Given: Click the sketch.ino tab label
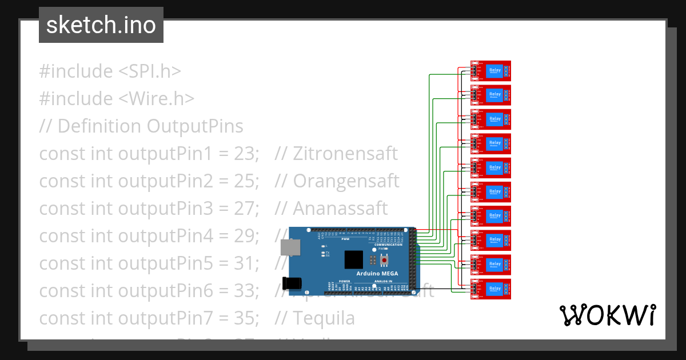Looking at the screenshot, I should tap(101, 25).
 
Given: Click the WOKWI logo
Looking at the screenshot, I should tap(607, 315).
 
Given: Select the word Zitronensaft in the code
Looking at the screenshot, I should tap(345, 154).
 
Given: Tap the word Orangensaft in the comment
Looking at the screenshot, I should tap(346, 181).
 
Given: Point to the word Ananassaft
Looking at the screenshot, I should tap(340, 209).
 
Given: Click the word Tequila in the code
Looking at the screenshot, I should tap(324, 318).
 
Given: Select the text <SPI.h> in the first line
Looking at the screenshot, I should tap(150, 71).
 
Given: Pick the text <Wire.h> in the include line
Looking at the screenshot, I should tap(157, 99).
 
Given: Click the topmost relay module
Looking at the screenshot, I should tap(490, 71).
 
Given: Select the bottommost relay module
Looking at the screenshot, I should tap(490, 289).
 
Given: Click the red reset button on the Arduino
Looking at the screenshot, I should tap(384, 261).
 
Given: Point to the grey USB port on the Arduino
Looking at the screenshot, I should tap(291, 247).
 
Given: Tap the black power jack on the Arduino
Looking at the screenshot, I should tap(292, 283).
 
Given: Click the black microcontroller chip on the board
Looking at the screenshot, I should tap(354, 259).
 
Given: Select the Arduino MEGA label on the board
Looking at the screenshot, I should tap(377, 273).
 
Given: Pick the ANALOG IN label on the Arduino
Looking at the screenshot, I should tap(384, 282).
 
